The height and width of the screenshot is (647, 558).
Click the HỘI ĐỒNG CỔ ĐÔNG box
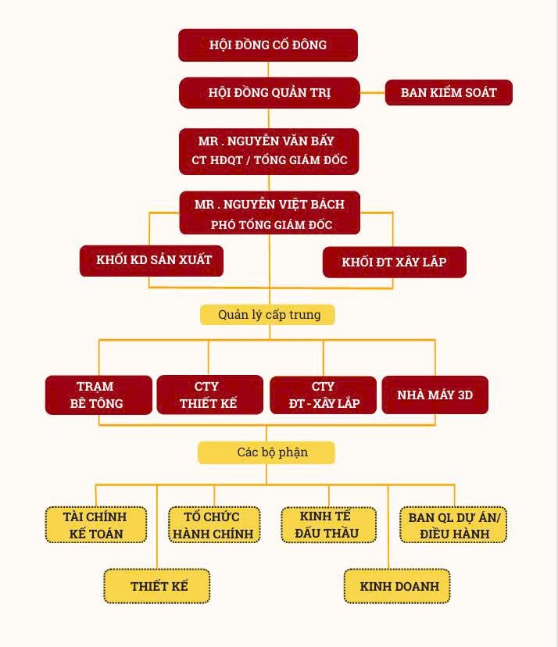click(x=268, y=45)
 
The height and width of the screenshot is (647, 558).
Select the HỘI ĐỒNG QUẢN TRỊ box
click(x=269, y=92)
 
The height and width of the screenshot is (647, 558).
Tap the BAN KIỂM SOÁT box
click(x=449, y=92)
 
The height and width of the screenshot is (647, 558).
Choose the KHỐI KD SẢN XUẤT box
click(x=152, y=260)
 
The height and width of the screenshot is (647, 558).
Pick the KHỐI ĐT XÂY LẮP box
click(x=394, y=262)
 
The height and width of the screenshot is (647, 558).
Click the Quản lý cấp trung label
click(x=269, y=315)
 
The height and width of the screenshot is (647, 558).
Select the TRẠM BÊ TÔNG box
click(x=98, y=395)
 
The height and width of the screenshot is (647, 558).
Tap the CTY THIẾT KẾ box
click(x=209, y=395)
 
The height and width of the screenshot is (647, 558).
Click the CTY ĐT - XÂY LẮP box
click(x=324, y=395)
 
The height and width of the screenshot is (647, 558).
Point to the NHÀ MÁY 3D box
click(x=435, y=395)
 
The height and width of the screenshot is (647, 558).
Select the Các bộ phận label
click(x=267, y=452)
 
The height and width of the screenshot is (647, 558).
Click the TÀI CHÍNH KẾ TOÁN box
click(x=96, y=525)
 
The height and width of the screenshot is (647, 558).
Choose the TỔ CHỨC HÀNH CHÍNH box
click(x=213, y=525)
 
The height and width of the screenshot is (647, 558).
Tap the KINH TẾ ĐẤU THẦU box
click(x=328, y=525)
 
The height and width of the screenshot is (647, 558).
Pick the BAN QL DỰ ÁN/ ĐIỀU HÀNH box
click(x=453, y=525)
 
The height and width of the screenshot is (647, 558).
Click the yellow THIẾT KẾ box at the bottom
click(x=157, y=586)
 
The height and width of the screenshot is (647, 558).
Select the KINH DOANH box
click(x=398, y=586)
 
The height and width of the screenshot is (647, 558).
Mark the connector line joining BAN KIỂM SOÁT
click(x=372, y=93)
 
